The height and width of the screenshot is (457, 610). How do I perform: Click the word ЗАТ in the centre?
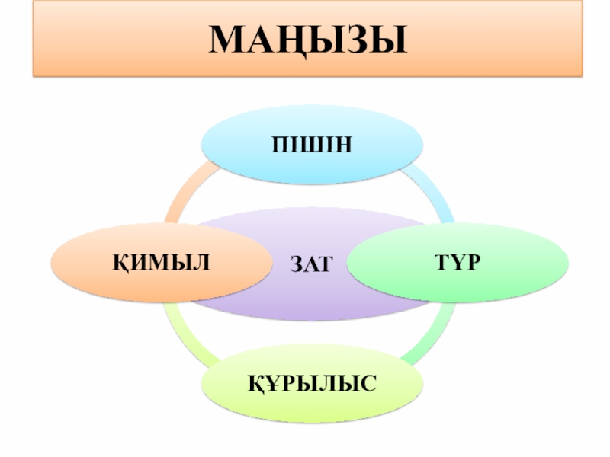tap(311, 264)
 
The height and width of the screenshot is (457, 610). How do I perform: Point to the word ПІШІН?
tap(312, 145)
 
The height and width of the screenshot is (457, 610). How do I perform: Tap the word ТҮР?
tap(458, 262)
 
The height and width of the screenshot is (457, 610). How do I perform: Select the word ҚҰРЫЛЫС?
tap(311, 382)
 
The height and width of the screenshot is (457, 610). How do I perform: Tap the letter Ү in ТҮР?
tap(457, 262)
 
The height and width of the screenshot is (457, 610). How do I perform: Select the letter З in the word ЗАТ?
tap(297, 264)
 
